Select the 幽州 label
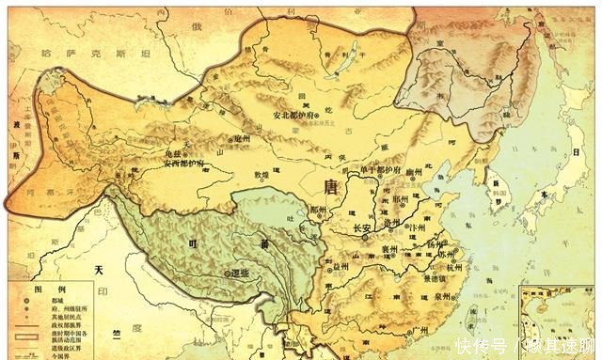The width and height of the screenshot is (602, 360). (x=406, y=162)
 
